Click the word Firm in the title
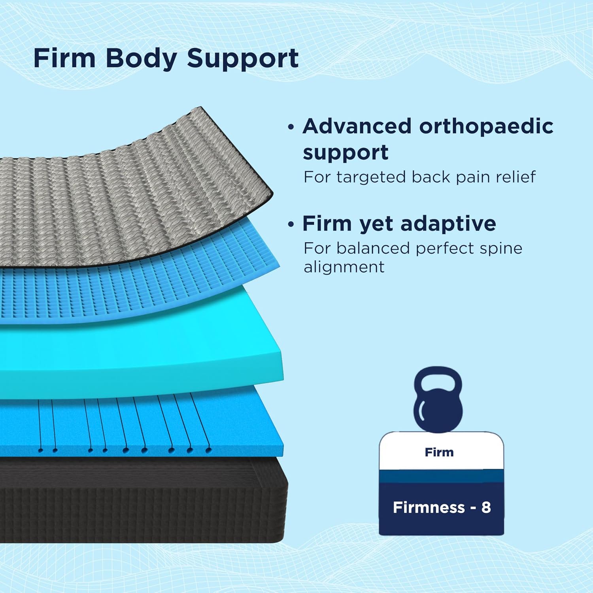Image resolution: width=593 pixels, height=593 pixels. (64, 59)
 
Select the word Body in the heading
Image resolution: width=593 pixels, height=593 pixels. (141, 59)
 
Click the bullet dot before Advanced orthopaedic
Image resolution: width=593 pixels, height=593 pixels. (291, 127)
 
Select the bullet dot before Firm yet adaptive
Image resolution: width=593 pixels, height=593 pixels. (291, 225)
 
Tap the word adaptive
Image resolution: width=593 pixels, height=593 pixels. (448, 224)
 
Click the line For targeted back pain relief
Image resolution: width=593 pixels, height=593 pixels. (419, 177)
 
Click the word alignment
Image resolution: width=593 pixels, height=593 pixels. (344, 267)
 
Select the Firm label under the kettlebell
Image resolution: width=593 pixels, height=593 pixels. (439, 452)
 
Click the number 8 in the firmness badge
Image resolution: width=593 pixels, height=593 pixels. (486, 507)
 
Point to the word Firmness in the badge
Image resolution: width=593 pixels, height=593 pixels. (429, 507)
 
